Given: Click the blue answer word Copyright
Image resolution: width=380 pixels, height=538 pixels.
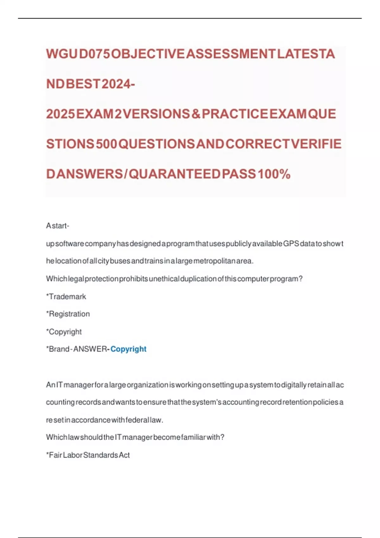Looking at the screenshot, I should tap(128, 349).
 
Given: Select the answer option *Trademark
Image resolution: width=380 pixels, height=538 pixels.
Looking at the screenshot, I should tap(66, 297).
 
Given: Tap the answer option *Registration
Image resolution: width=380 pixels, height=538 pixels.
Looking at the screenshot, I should tap(68, 314).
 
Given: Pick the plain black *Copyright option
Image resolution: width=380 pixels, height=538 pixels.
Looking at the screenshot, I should tap(64, 332).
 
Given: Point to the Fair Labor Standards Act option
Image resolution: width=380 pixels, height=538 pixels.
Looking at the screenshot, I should tap(88, 455).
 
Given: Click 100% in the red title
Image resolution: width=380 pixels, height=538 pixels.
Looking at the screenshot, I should tap(274, 174).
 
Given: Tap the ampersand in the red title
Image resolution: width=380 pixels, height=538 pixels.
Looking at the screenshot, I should tap(196, 114).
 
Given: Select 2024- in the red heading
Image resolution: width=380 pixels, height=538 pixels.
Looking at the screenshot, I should tap(118, 84).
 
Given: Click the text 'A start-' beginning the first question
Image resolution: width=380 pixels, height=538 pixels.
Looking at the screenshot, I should tap(58, 226).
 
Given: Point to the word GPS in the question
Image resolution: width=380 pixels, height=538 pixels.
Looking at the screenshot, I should tap(291, 244).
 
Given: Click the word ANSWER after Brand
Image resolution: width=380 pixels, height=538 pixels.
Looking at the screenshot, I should tap(91, 349).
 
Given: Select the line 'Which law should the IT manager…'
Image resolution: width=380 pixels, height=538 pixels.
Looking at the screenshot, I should tap(135, 437).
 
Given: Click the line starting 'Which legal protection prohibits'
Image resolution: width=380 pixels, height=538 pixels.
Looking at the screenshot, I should tap(174, 279).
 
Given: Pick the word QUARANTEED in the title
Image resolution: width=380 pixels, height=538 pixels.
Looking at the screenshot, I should tap(174, 174).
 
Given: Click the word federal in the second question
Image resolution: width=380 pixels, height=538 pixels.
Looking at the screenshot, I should tap(137, 420).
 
